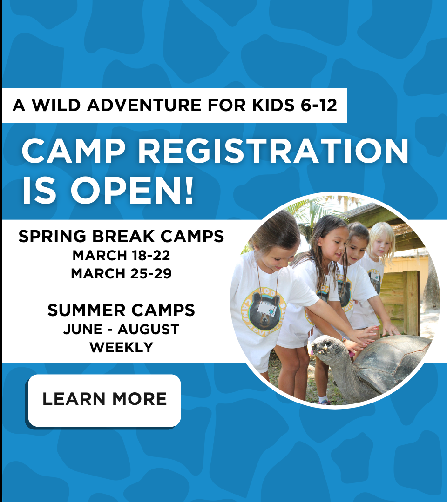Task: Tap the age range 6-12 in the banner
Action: coord(319,105)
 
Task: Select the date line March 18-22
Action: coord(121,256)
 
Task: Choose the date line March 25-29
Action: coord(121,274)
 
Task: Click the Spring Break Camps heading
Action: coord(121,236)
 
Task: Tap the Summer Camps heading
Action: coord(121,310)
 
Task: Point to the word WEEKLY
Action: coord(121,347)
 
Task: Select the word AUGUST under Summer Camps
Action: coord(148,330)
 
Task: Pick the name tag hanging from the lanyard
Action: coord(267,309)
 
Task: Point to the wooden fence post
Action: coord(412,303)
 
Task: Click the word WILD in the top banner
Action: coord(56,105)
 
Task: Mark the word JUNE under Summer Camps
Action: coord(83,330)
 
